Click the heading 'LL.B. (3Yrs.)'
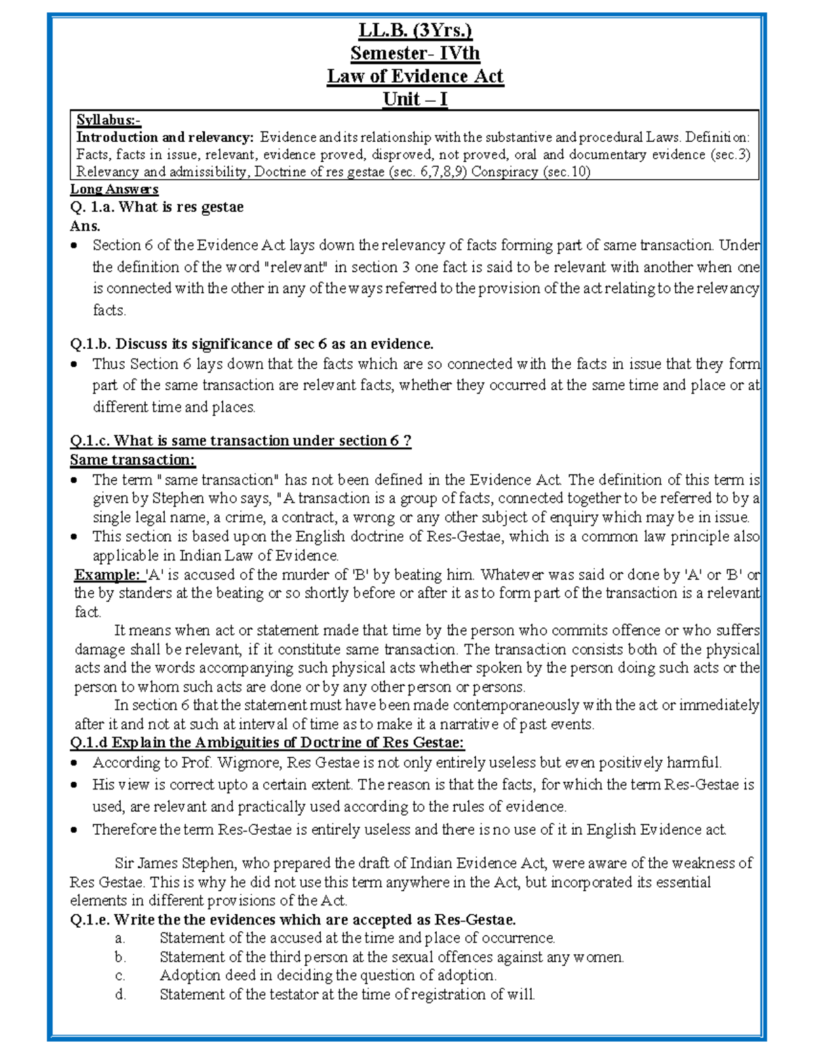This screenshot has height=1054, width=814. tap(414, 31)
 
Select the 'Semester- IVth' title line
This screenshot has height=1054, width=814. tap(414, 54)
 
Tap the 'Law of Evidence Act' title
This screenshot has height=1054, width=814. tap(414, 76)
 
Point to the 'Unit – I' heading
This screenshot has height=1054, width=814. tap(414, 99)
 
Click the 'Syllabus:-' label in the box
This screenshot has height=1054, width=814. tap(108, 121)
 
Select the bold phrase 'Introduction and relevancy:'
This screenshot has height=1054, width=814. tap(165, 137)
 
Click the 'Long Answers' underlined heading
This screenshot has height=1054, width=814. tap(114, 189)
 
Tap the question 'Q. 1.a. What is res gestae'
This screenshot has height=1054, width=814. tap(157, 207)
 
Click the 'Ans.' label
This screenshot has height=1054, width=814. tap(85, 226)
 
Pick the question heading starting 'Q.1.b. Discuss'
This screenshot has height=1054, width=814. tap(251, 344)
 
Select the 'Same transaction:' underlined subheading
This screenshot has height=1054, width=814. tap(132, 460)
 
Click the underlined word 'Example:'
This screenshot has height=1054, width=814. tap(106, 575)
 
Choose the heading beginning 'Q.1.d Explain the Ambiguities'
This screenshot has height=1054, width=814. tap(267, 742)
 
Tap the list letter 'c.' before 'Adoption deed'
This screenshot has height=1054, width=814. tap(120, 976)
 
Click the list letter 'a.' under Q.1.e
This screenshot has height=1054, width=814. tap(120, 939)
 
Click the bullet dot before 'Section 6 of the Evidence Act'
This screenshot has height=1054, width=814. tap(75, 246)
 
